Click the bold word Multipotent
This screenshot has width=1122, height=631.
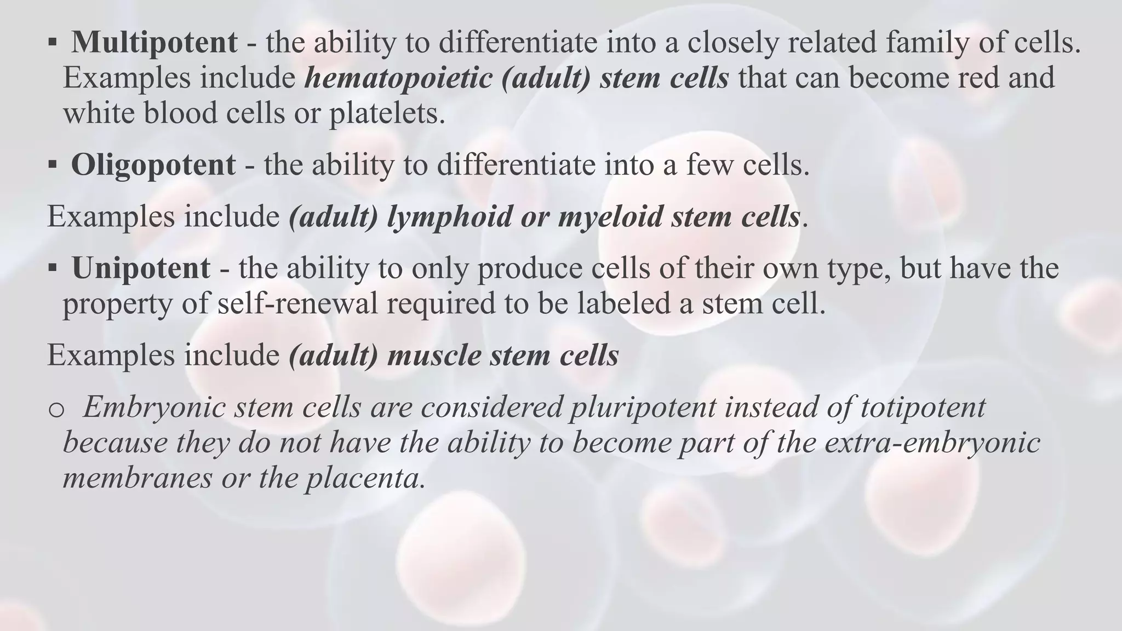[154, 42]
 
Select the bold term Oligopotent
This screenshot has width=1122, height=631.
[153, 164]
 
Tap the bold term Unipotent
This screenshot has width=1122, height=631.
[141, 268]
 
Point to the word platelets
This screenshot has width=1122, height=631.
[387, 113]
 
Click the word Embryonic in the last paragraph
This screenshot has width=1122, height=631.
[154, 407]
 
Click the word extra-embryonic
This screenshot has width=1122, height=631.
[932, 443]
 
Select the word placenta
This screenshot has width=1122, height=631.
[365, 478]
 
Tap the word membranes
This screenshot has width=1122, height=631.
[137, 478]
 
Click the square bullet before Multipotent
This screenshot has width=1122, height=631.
[53, 42]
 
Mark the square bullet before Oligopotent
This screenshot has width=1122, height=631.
[53, 164]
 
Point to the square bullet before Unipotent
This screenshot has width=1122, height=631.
[53, 268]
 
